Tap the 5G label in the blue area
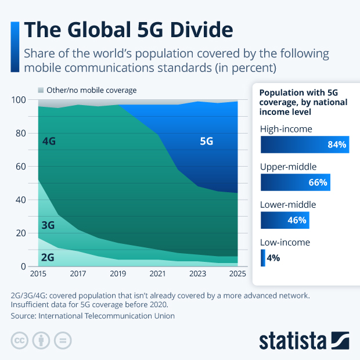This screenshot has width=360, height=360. (207, 141)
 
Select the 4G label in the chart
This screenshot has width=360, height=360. (49, 141)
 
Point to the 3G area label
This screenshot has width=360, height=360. (49, 225)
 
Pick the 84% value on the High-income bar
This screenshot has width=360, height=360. (336, 145)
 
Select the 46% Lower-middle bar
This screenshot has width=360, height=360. (284, 221)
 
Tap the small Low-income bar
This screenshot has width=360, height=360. (263, 258)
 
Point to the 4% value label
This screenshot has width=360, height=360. (273, 258)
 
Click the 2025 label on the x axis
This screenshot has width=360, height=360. (237, 273)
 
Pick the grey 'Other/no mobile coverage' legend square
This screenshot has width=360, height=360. (41, 91)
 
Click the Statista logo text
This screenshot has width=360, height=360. (292, 340)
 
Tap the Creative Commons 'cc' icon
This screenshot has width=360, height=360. (20, 340)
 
